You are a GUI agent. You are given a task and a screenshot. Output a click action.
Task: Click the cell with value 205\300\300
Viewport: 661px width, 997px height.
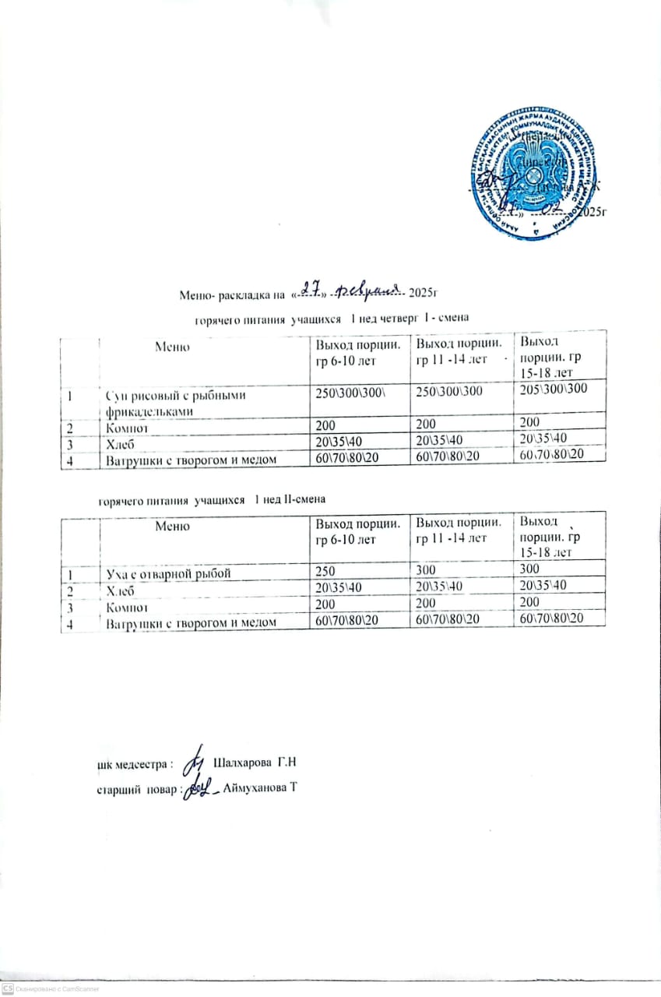click(x=554, y=395)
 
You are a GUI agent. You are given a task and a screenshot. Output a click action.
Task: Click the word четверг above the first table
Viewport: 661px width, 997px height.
click(x=395, y=317)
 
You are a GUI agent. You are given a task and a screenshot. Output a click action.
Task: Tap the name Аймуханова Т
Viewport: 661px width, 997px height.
click(x=260, y=789)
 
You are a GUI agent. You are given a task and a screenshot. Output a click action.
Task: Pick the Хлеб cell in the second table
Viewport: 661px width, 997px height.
click(x=122, y=590)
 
